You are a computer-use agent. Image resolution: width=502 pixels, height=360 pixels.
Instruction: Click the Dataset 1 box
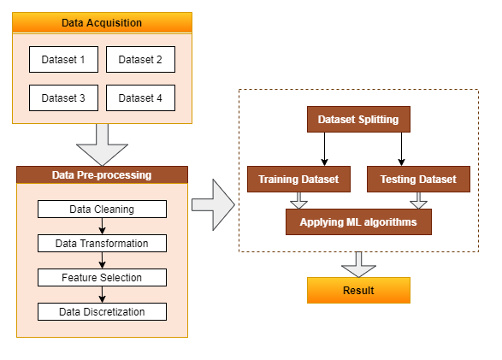pyautogui.click(x=63, y=60)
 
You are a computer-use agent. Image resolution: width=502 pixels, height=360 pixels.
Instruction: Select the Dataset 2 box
pyautogui.click(x=140, y=60)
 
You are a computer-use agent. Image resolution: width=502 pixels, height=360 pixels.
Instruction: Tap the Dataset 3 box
pyautogui.click(x=63, y=98)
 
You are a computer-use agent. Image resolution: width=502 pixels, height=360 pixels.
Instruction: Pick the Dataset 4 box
pyautogui.click(x=140, y=98)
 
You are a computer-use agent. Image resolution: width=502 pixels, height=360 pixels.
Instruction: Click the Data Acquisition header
pyautogui.click(x=102, y=23)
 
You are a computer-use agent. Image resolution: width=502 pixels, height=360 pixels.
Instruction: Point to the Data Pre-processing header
pyautogui.click(x=102, y=174)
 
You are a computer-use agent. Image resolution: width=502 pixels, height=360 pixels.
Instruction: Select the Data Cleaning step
pyautogui.click(x=102, y=210)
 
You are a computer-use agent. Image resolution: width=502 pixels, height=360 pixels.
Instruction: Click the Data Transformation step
pyautogui.click(x=102, y=244)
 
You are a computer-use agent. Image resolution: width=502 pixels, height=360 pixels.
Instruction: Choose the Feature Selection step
pyautogui.click(x=102, y=277)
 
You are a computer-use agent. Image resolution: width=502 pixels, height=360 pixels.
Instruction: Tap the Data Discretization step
pyautogui.click(x=102, y=311)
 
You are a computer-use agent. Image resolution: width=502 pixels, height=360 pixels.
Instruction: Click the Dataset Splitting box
pyautogui.click(x=358, y=120)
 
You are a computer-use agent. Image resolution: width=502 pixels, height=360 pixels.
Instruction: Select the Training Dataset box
pyautogui.click(x=298, y=180)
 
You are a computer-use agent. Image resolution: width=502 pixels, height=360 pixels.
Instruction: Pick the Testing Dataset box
pyautogui.click(x=418, y=180)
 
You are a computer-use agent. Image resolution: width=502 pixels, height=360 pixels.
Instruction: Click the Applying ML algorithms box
pyautogui.click(x=358, y=222)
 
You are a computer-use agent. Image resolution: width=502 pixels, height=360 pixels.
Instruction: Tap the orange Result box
pyautogui.click(x=358, y=290)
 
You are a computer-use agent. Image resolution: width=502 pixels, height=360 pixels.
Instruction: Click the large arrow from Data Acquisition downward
pyautogui.click(x=102, y=145)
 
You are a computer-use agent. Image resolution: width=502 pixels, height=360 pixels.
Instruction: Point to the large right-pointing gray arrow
pyautogui.click(x=214, y=205)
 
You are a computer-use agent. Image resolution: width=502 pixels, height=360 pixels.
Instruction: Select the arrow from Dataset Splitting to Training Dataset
pyautogui.click(x=324, y=149)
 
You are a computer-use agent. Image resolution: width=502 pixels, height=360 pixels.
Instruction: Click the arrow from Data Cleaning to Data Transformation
pyautogui.click(x=102, y=227)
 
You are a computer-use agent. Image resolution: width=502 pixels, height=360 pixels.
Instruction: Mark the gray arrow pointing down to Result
pyautogui.click(x=358, y=265)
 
